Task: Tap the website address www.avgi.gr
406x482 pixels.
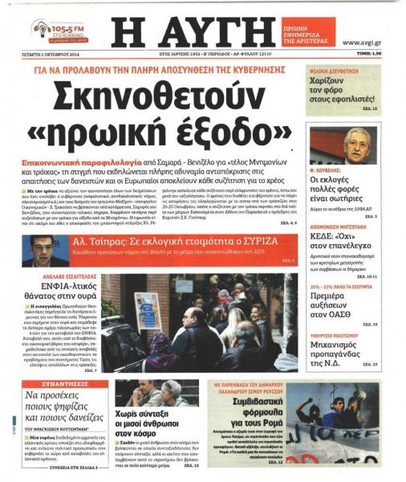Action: (x=362, y=43)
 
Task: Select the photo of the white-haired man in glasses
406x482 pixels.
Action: (x=355, y=145)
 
